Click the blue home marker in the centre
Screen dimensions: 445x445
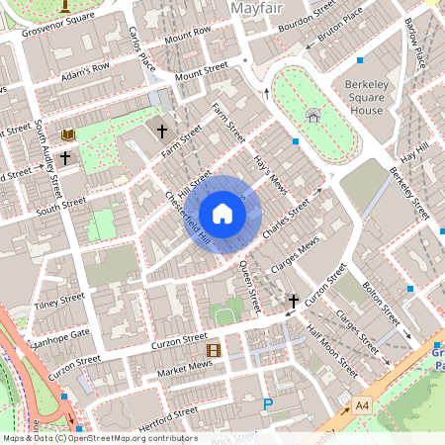click(222, 214)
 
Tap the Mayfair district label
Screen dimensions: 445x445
click(258, 10)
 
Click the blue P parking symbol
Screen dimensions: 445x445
click(267, 403)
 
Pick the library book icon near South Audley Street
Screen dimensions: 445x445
click(68, 133)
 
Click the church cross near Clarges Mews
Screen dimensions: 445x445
click(293, 300)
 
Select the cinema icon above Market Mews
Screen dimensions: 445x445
click(213, 349)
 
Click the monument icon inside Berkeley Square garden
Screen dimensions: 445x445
click(312, 115)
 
